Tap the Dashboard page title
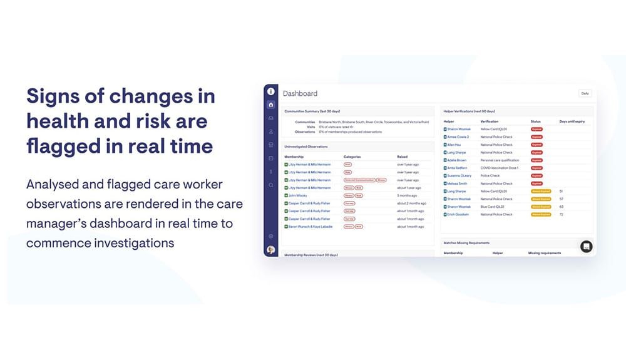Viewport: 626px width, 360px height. (300, 93)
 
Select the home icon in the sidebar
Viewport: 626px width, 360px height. (270, 105)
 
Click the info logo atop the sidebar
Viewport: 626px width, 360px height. (270, 91)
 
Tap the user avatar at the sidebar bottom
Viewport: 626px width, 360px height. (270, 250)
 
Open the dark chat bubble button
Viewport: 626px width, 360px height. (586, 246)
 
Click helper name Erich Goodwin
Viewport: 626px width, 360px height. (458, 215)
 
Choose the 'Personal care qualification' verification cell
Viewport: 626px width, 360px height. (500, 160)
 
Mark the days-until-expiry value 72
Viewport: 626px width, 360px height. (561, 215)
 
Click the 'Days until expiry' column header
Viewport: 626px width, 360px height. (572, 121)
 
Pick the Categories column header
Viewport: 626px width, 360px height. (352, 157)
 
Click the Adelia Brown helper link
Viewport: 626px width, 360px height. (456, 160)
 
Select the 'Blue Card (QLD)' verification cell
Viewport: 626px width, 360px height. (493, 207)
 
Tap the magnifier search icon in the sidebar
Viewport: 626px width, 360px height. (270, 185)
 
